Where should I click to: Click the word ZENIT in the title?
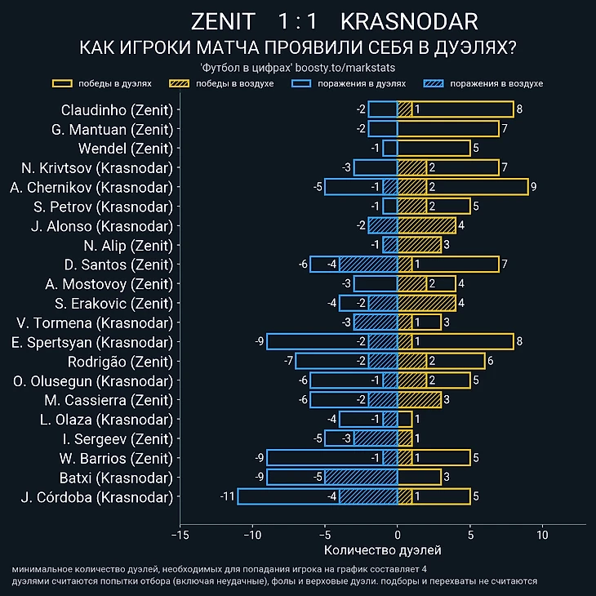pos(222,21)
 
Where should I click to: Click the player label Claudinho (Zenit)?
pos(117,109)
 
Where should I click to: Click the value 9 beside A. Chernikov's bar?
pos(533,187)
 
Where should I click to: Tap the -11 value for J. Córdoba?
pos(227,496)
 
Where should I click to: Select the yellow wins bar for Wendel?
pos(434,148)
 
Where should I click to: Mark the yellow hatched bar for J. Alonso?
pos(426,225)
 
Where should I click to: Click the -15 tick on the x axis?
pos(180,535)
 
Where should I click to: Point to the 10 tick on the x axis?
pos(542,535)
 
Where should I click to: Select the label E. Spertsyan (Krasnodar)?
pos(98,341)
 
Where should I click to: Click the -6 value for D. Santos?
pos(303,265)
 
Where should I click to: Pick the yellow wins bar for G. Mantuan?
pos(447,129)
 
